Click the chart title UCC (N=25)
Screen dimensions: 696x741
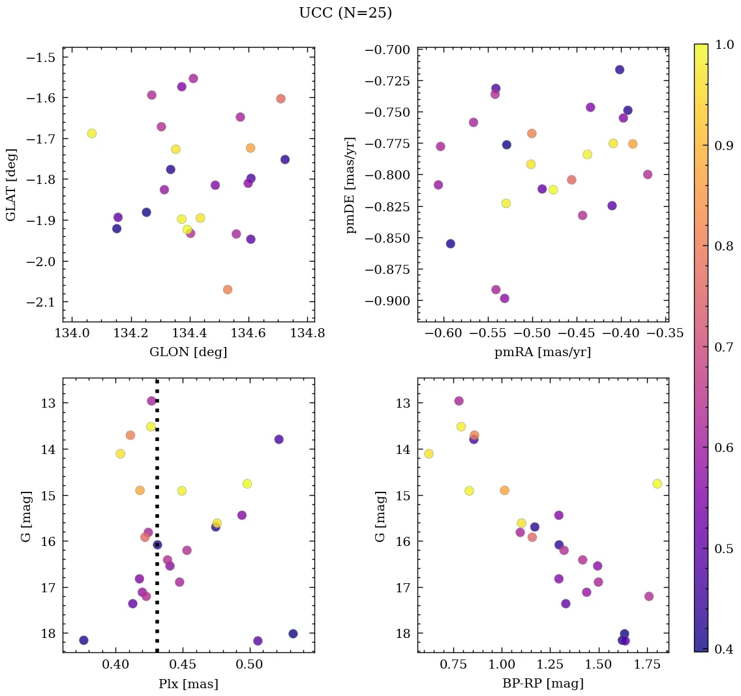(345, 13)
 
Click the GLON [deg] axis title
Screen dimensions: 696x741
(189, 352)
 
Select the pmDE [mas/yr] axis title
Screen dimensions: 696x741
(351, 185)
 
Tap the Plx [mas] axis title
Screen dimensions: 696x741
(189, 684)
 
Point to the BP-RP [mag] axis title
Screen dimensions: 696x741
(543, 684)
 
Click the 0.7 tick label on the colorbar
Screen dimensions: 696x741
(724, 347)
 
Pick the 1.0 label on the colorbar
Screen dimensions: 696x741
(724, 44)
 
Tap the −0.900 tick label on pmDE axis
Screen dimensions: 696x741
(388, 301)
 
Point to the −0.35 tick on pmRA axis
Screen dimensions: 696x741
(665, 334)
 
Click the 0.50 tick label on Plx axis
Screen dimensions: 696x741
(249, 665)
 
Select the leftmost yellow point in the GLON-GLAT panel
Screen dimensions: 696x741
(91, 134)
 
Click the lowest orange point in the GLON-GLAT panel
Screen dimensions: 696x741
(227, 290)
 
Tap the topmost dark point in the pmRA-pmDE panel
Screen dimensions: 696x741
(619, 70)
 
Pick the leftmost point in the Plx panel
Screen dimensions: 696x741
(83, 641)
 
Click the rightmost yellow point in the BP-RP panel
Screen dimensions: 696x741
(657, 483)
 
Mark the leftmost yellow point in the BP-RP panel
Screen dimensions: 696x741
(429, 454)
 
